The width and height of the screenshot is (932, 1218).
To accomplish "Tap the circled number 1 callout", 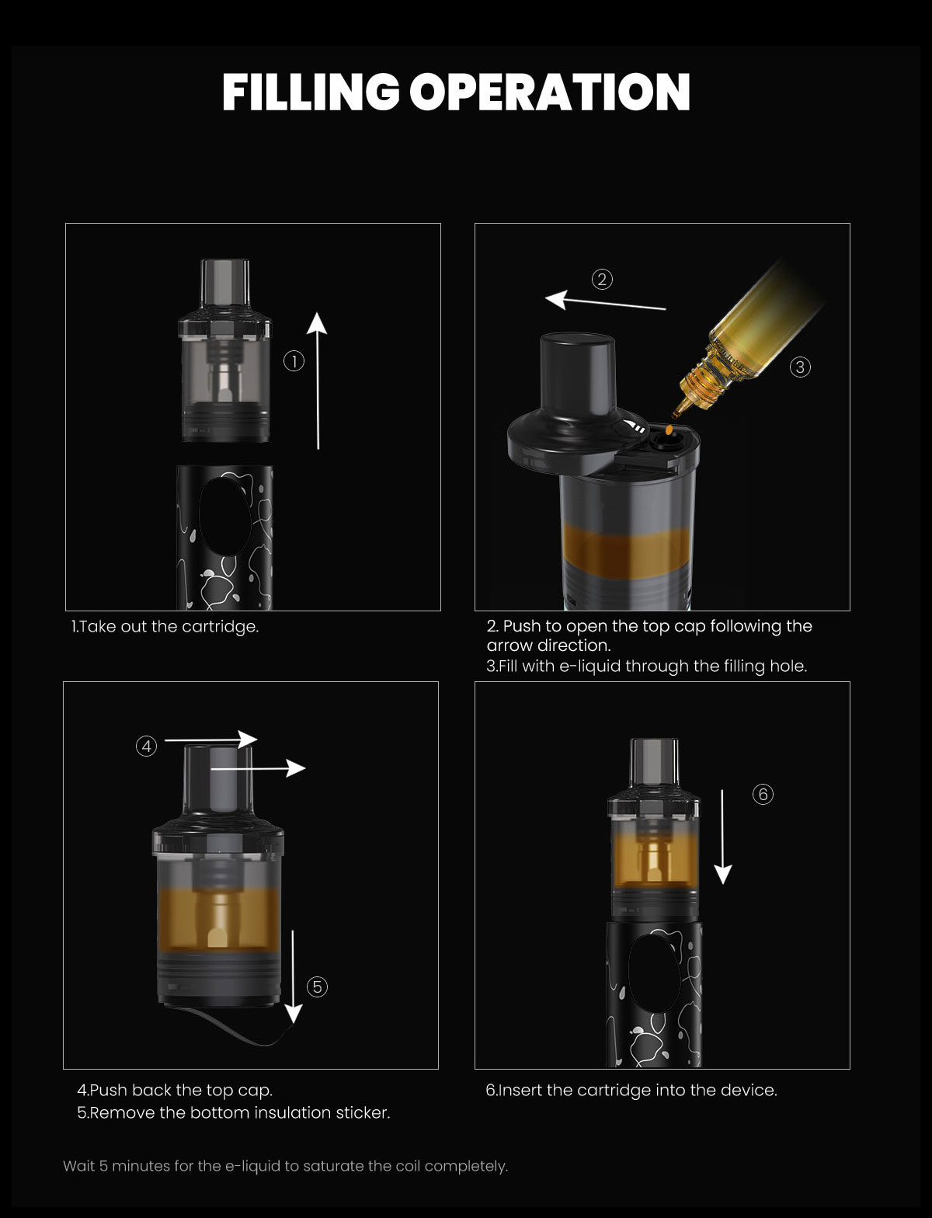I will point(294,361).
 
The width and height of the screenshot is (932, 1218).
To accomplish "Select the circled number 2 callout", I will point(602,280).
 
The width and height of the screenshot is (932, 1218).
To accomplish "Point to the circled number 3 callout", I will point(800,367).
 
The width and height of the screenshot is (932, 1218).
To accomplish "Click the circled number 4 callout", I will point(146,746).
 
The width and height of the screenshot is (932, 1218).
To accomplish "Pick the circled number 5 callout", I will point(317,987).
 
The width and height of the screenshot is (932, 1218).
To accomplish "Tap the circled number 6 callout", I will point(763,794).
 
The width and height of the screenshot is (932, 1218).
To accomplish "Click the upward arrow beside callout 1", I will point(318,381).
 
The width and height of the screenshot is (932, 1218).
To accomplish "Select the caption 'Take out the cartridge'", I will point(165,627).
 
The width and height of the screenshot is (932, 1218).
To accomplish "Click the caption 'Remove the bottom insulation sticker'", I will point(234,1113).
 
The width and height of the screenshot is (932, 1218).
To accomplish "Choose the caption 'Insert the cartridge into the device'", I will point(631,1091).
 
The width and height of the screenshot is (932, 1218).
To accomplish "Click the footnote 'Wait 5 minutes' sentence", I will point(285,1166).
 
